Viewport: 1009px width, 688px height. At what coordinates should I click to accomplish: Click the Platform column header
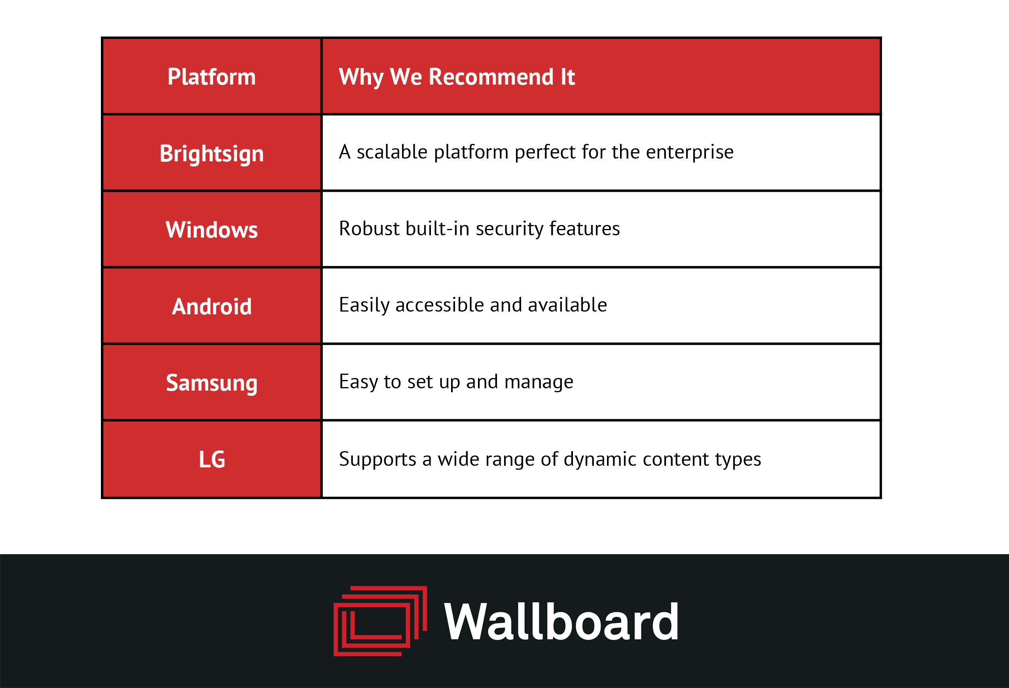pyautogui.click(x=211, y=77)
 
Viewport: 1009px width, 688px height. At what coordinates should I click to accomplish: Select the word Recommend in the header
pyautogui.click(x=491, y=77)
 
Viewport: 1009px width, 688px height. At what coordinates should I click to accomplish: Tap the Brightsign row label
pyautogui.click(x=211, y=153)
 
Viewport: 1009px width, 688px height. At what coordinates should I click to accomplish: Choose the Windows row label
pyautogui.click(x=211, y=229)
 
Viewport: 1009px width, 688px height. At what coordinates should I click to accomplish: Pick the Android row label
pyautogui.click(x=211, y=306)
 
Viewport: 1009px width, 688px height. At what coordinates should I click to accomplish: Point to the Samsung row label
pyautogui.click(x=211, y=383)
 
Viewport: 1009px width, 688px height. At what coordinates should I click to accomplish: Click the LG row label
pyautogui.click(x=211, y=459)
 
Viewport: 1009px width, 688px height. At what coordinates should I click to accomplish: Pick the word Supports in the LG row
pyautogui.click(x=377, y=459)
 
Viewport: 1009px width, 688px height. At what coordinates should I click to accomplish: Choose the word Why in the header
pyautogui.click(x=361, y=77)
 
